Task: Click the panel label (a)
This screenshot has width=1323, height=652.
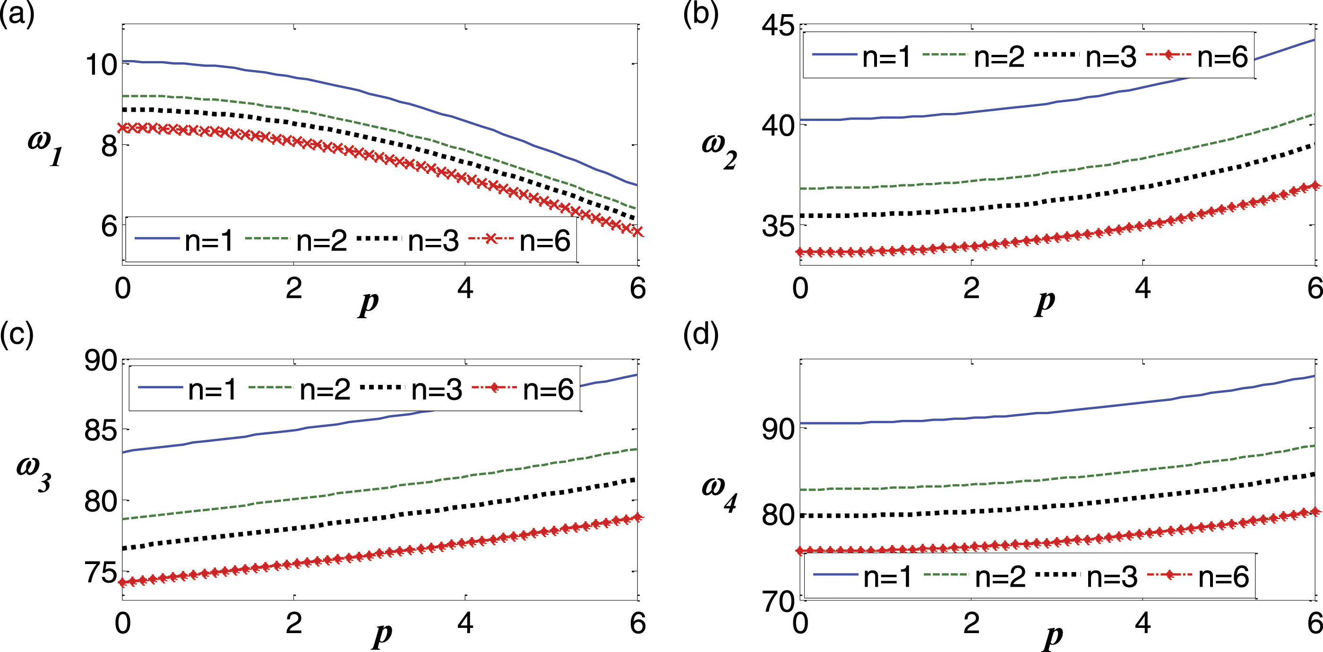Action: [x=17, y=14]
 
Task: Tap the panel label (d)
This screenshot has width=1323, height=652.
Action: [x=701, y=334]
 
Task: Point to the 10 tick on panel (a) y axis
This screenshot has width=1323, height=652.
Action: [x=101, y=65]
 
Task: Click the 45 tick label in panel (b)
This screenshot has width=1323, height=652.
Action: [x=778, y=26]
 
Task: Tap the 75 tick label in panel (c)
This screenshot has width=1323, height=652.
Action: [x=101, y=573]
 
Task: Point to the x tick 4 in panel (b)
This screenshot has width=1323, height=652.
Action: [x=1143, y=288]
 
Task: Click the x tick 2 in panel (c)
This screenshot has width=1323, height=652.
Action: [x=294, y=623]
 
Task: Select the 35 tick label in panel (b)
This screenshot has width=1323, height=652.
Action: [x=778, y=226]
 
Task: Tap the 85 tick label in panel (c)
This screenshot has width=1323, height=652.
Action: [x=101, y=431]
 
